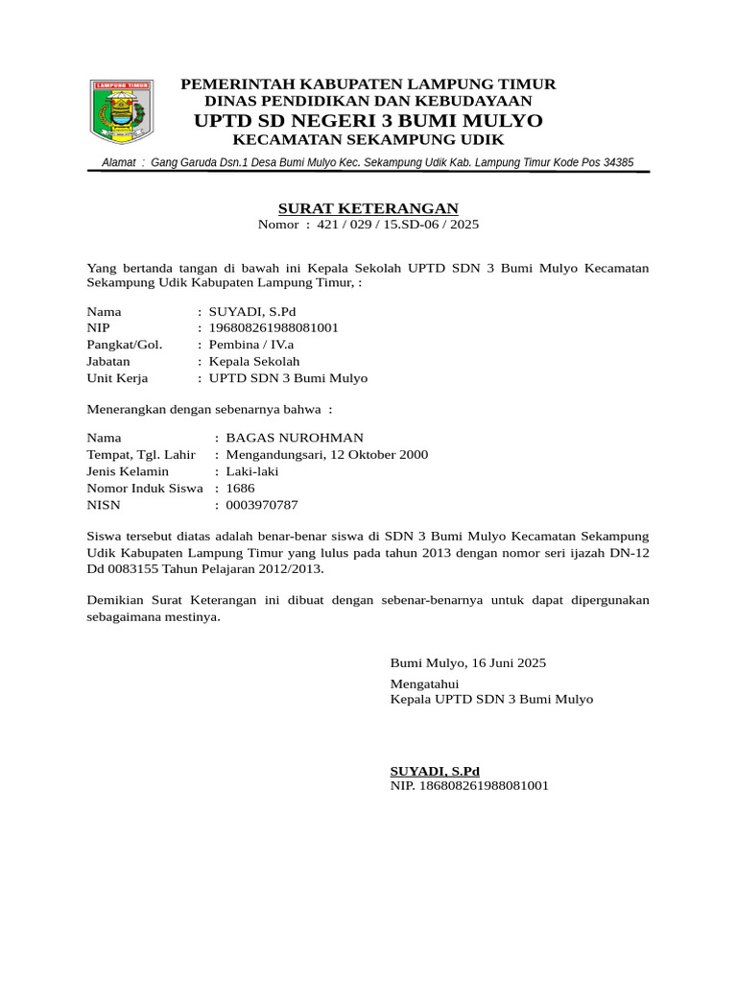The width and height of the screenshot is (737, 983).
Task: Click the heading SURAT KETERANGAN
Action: [368, 208]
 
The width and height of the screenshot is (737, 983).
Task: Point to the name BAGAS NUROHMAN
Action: [294, 438]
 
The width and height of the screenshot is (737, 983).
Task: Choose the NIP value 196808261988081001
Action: [273, 327]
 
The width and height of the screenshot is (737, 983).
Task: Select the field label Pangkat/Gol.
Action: [125, 345]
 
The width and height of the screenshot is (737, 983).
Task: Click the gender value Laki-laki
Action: [252, 471]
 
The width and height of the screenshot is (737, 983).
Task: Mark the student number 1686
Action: [240, 489]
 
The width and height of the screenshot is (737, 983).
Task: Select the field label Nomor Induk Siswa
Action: [145, 489]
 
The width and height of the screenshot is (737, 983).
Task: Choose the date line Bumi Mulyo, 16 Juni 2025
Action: [467, 663]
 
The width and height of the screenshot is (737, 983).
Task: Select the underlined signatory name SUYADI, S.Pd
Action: [435, 771]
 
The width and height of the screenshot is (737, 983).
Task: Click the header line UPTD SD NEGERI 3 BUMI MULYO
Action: [368, 120]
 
